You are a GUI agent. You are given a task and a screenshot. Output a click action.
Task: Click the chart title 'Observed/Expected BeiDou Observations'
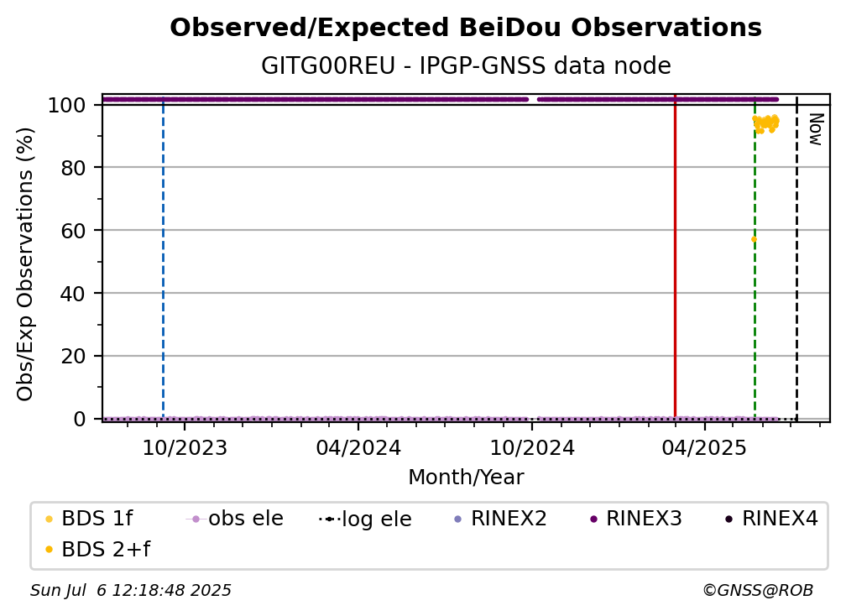(x=466, y=28)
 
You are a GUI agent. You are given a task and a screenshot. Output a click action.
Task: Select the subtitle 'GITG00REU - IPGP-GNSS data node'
(x=466, y=65)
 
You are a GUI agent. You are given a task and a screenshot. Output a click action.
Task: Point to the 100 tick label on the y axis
(x=67, y=105)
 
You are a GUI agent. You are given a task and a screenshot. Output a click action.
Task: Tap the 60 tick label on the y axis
(x=73, y=230)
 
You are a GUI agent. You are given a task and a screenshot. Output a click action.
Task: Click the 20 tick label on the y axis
(x=73, y=356)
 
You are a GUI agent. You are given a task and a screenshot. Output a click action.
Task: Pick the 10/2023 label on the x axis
(x=185, y=448)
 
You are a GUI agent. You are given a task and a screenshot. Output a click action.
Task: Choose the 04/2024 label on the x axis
(x=358, y=448)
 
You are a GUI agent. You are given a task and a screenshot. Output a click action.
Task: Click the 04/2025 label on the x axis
(x=704, y=448)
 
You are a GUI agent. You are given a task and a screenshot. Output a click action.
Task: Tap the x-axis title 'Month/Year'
(x=466, y=478)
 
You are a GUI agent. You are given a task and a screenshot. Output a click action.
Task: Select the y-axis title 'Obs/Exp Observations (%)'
(x=25, y=264)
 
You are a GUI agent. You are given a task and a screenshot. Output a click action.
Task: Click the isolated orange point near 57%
(x=754, y=239)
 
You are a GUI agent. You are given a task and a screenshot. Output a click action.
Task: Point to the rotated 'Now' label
(x=815, y=129)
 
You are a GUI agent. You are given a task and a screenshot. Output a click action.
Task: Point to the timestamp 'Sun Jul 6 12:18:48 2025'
(x=131, y=591)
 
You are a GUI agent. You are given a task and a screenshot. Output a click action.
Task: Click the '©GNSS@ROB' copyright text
(x=758, y=591)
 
